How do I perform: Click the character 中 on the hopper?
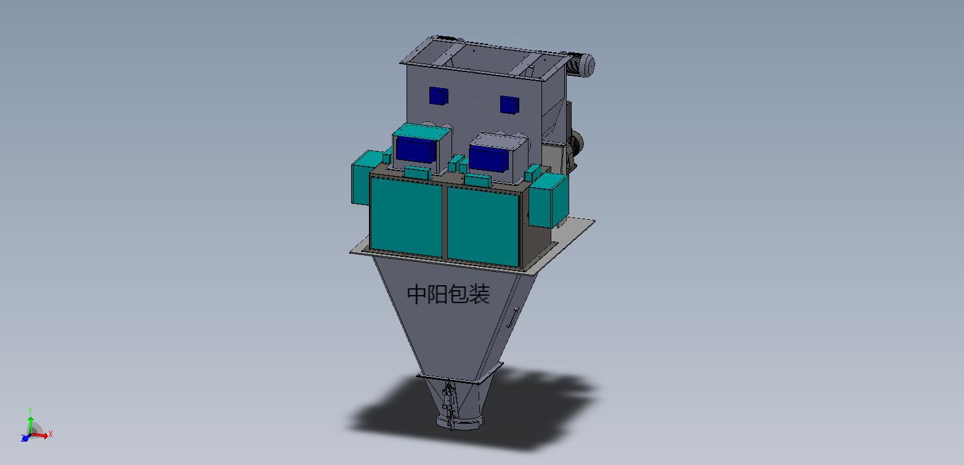[417, 294]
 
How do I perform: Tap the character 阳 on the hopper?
[438, 294]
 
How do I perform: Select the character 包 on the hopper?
[459, 294]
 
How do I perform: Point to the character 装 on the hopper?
[479, 294]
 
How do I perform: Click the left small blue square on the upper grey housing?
[439, 96]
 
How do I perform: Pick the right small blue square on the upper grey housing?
[509, 105]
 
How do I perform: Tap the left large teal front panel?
[406, 216]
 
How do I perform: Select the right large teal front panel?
[483, 226]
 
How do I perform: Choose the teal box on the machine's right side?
[549, 200]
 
